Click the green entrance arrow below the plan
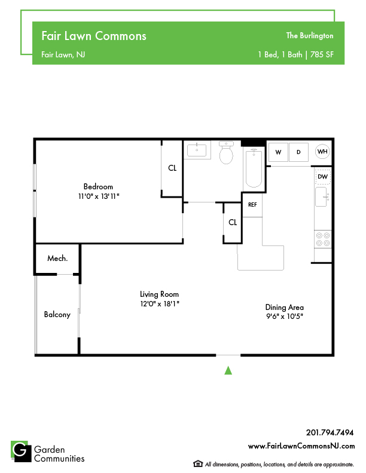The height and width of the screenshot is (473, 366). click(x=228, y=370)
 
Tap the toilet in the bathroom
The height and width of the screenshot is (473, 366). click(x=226, y=152)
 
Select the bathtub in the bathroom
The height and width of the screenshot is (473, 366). click(x=254, y=168)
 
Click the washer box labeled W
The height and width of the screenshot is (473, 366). click(x=278, y=152)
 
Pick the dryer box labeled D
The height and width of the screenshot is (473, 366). click(x=298, y=152)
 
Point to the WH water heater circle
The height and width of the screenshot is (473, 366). click(x=322, y=152)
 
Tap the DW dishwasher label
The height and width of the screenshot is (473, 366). click(x=323, y=176)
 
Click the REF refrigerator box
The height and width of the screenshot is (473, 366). click(x=252, y=205)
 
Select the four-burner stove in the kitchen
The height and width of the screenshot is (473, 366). click(x=323, y=239)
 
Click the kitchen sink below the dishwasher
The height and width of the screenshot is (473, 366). click(x=322, y=196)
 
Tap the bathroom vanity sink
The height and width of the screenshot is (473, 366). click(x=197, y=150)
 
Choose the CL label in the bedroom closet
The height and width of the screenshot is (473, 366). click(x=172, y=168)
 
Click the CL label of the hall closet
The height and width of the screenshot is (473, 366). click(x=233, y=222)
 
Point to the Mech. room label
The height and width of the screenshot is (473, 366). click(x=57, y=258)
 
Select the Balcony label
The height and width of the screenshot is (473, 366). click(x=57, y=314)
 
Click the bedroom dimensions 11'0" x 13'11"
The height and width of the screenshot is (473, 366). click(x=99, y=196)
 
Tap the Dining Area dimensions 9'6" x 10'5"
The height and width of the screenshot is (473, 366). click(x=285, y=317)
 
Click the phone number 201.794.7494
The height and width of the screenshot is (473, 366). click(x=330, y=432)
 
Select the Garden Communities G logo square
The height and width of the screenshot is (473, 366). click(x=21, y=451)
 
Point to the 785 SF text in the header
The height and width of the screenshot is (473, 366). click(x=322, y=54)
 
